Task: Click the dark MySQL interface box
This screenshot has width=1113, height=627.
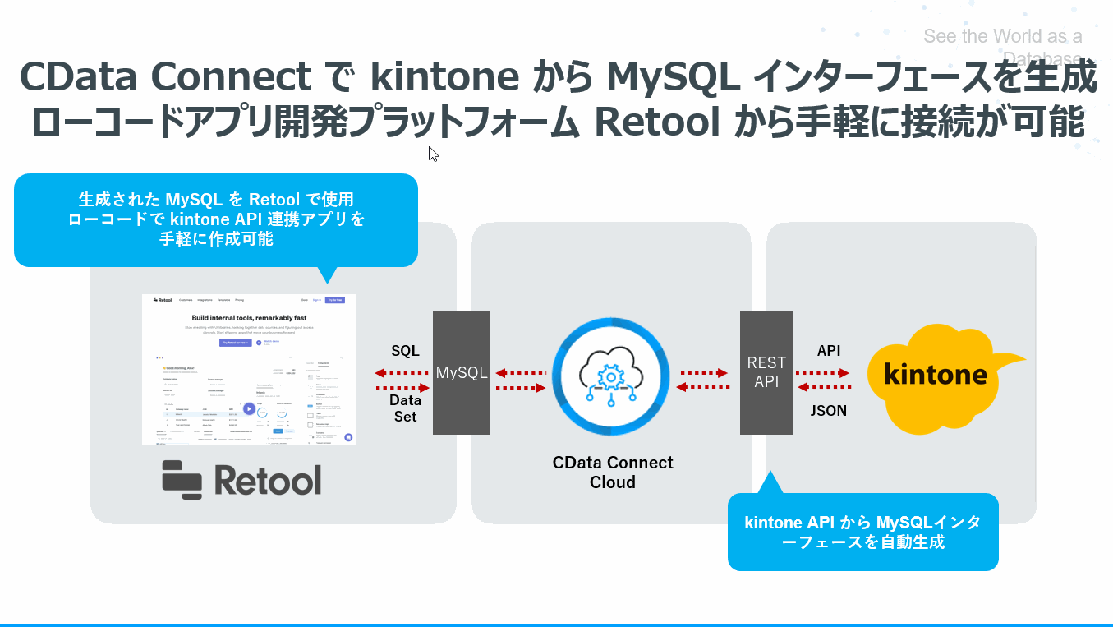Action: [x=462, y=372]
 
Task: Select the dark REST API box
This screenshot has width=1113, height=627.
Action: [x=766, y=372]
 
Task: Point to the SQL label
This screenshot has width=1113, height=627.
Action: [x=405, y=351]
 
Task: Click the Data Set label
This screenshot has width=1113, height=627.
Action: [x=405, y=408]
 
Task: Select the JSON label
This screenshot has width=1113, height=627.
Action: [x=828, y=411]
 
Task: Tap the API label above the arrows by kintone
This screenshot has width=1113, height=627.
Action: [x=828, y=351]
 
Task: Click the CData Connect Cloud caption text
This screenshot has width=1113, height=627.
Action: [x=613, y=473]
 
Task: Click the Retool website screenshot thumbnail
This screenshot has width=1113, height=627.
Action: [x=250, y=370]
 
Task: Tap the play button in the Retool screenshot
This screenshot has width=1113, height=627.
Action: [x=249, y=408]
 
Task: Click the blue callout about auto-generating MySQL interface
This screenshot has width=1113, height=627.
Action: [x=862, y=532]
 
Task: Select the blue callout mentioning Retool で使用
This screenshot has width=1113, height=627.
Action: [x=216, y=219]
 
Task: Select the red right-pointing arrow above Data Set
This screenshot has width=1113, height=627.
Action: [x=402, y=387]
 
